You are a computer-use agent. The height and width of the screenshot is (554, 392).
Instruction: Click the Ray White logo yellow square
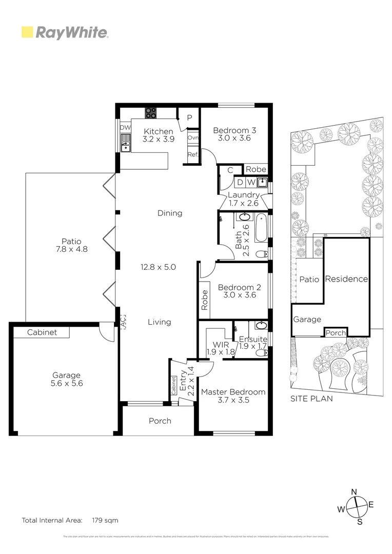pos(27,32)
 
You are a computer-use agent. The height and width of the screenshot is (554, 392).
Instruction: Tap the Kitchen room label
pos(158,132)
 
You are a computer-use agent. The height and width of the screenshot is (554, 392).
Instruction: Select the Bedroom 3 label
pos(234,130)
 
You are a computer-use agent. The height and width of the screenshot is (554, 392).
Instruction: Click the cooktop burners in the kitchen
pos(151,113)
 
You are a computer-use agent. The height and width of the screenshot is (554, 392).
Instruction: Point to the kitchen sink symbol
pos(125,145)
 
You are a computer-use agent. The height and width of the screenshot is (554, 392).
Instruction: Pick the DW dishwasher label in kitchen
pos(125,128)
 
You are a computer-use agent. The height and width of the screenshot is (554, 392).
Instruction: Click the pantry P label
pos(189,118)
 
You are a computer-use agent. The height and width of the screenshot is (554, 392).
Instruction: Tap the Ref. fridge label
pos(193,154)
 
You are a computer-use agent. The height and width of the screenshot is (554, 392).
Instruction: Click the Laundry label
pos(244,195)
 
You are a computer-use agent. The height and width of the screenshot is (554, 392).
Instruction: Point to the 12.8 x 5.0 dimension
pos(159,267)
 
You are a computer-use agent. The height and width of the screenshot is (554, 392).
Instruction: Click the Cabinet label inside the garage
pos(42,332)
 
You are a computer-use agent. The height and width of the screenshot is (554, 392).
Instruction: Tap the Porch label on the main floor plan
pos(160,421)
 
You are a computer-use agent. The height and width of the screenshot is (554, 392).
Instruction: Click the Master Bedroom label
pos(233,392)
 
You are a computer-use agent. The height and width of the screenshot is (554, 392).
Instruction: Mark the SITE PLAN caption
pos(311,398)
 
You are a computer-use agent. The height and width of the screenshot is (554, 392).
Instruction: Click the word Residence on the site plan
pos(347,279)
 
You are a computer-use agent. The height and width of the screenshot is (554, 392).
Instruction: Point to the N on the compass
pos(354,492)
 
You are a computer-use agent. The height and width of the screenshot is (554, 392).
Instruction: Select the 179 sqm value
pos(105,520)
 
